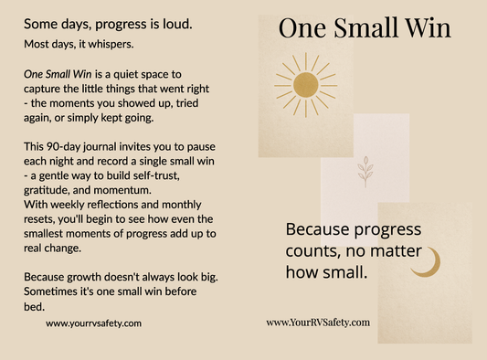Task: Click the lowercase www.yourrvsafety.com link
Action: click(93, 323)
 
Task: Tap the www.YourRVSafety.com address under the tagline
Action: click(318, 323)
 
